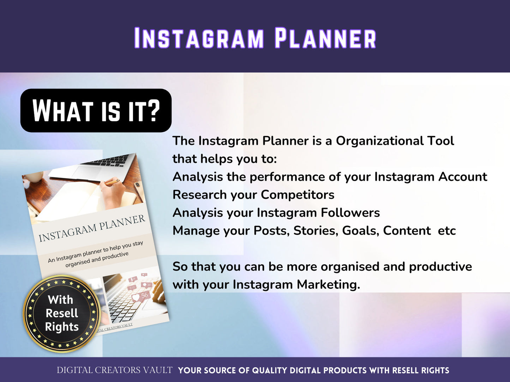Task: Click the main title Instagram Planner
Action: click(255, 38)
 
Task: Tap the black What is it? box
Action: click(96, 111)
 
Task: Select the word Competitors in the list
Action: click(298, 195)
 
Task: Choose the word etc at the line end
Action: click(447, 230)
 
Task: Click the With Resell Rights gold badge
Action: click(62, 313)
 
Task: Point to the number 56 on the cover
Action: click(144, 295)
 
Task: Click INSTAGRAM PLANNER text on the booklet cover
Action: click(92, 228)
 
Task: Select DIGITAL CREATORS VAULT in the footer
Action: click(115, 370)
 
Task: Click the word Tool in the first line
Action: click(440, 141)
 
